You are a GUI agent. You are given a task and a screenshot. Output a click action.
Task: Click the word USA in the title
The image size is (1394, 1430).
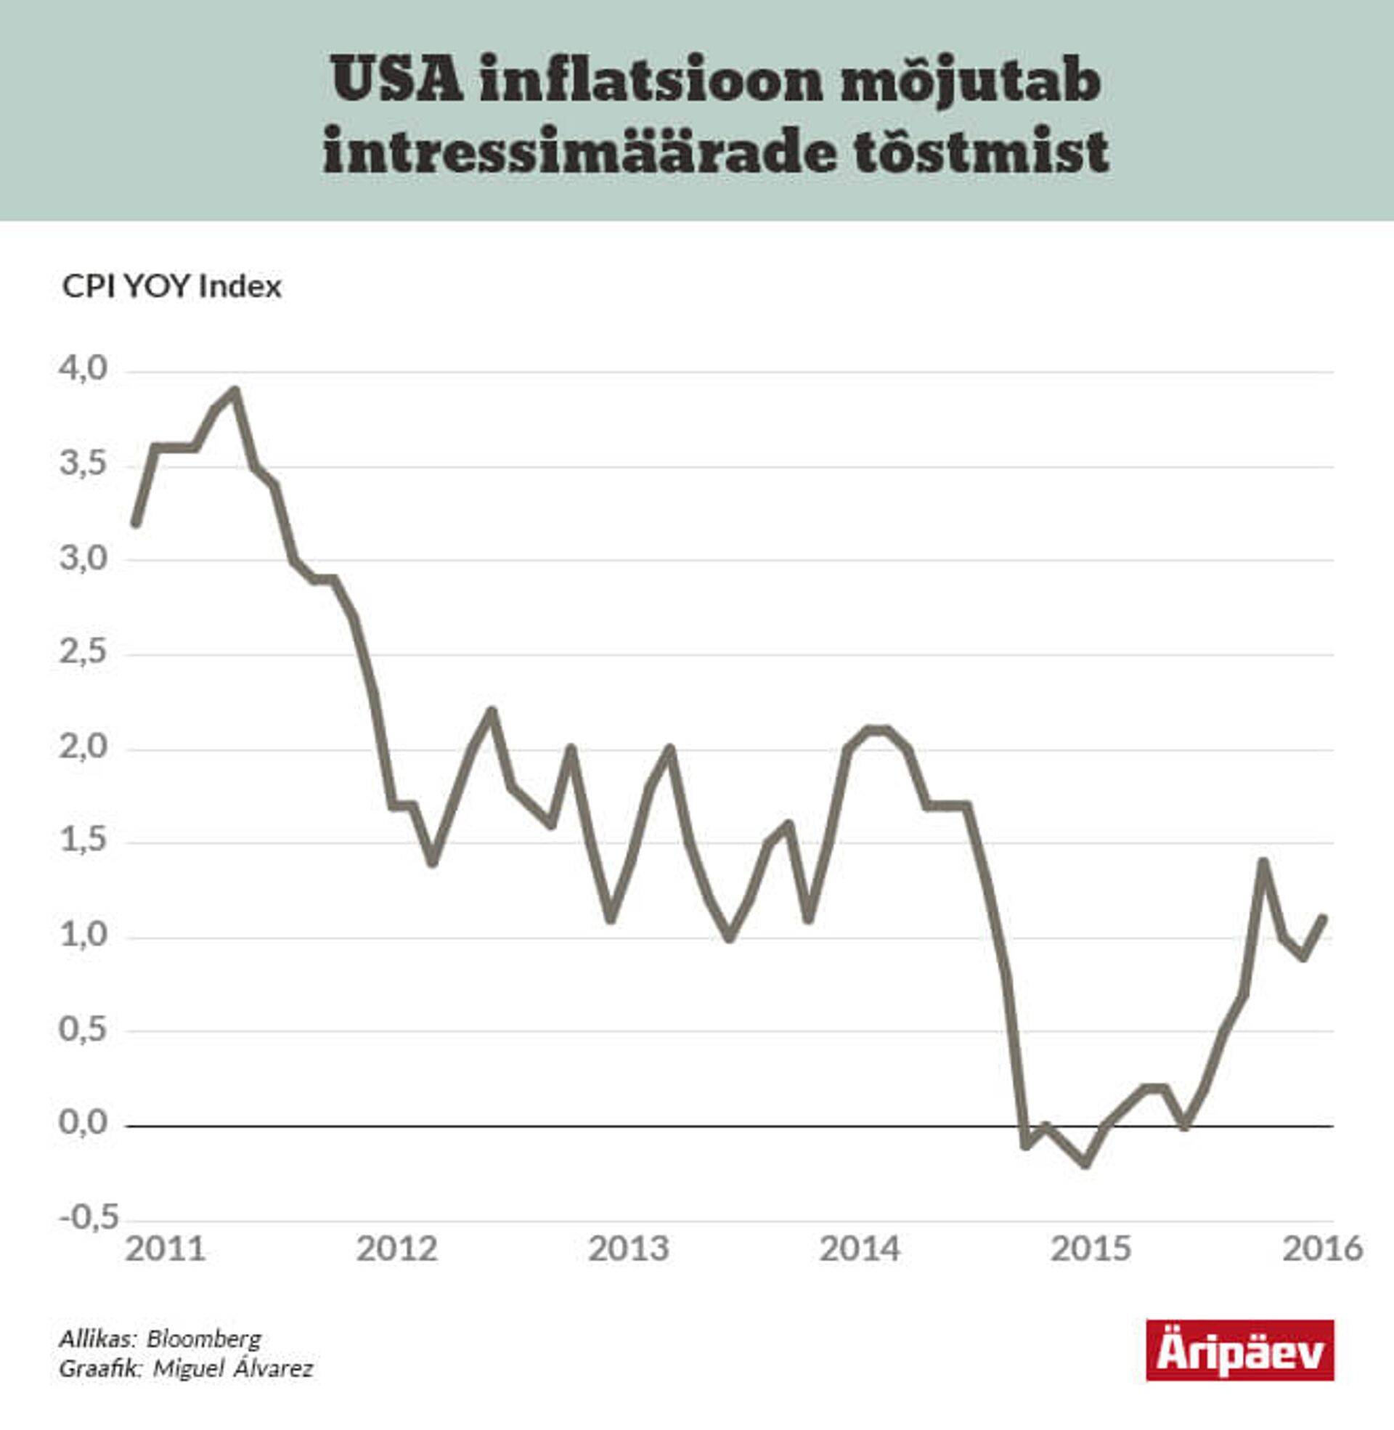click(397, 81)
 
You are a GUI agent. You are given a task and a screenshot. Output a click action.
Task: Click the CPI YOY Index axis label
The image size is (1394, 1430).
click(171, 286)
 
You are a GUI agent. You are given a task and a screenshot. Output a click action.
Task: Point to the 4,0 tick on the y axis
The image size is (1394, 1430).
click(83, 369)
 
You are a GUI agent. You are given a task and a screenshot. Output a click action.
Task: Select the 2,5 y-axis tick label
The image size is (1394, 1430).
click(83, 652)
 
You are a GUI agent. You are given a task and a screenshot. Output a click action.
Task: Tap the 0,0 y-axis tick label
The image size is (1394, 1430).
click(83, 1123)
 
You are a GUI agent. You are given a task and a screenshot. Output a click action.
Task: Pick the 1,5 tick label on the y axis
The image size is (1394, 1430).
click(83, 840)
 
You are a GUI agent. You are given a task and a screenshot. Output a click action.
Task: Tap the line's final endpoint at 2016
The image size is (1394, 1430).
click(1323, 918)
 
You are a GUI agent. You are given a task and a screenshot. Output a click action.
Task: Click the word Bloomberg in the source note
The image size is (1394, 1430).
click(203, 1339)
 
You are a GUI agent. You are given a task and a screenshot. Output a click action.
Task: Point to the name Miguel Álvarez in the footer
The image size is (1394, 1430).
click(233, 1368)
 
